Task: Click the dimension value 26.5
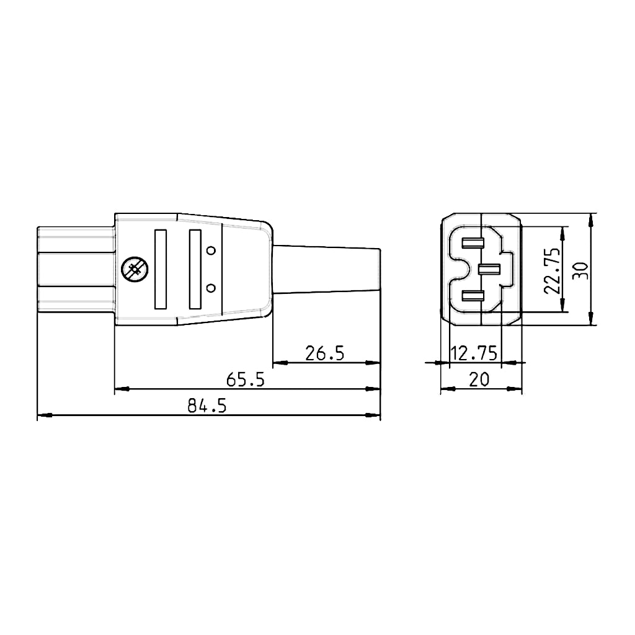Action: coord(324,353)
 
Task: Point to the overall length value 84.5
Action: coord(207,406)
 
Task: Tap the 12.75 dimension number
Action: coord(474,353)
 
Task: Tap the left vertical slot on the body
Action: coord(161,270)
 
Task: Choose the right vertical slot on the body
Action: coord(195,270)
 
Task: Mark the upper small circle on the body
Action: coord(211,251)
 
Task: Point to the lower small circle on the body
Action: coord(211,288)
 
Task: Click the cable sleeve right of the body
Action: coord(326,270)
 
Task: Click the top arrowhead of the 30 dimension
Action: coord(593,219)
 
